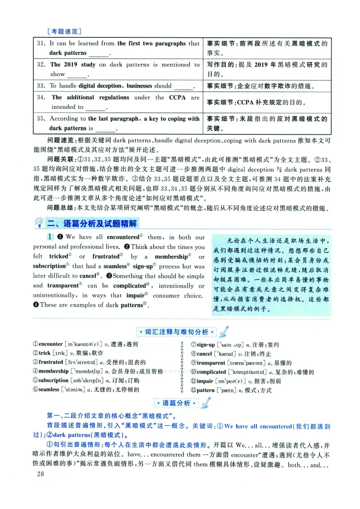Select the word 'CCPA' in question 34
click(177, 98)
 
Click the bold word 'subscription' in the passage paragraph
click(49, 266)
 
